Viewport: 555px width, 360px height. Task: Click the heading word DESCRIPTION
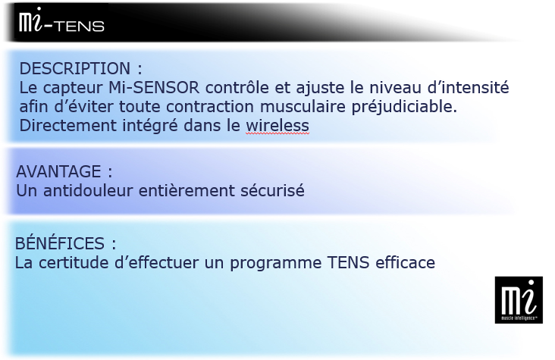[75, 68]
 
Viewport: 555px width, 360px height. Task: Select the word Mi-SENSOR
[154, 87]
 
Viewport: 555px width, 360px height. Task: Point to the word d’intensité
[468, 87]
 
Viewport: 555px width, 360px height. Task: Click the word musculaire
[303, 107]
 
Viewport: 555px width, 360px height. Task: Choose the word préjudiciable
[404, 107]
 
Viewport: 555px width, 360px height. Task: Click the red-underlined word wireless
[277, 126]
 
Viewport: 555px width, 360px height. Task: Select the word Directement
[67, 126]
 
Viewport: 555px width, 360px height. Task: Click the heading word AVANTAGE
[58, 172]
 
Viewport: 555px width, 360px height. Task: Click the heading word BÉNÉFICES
[60, 243]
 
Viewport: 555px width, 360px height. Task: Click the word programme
[276, 264]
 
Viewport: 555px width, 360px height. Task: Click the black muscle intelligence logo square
[519, 300]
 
